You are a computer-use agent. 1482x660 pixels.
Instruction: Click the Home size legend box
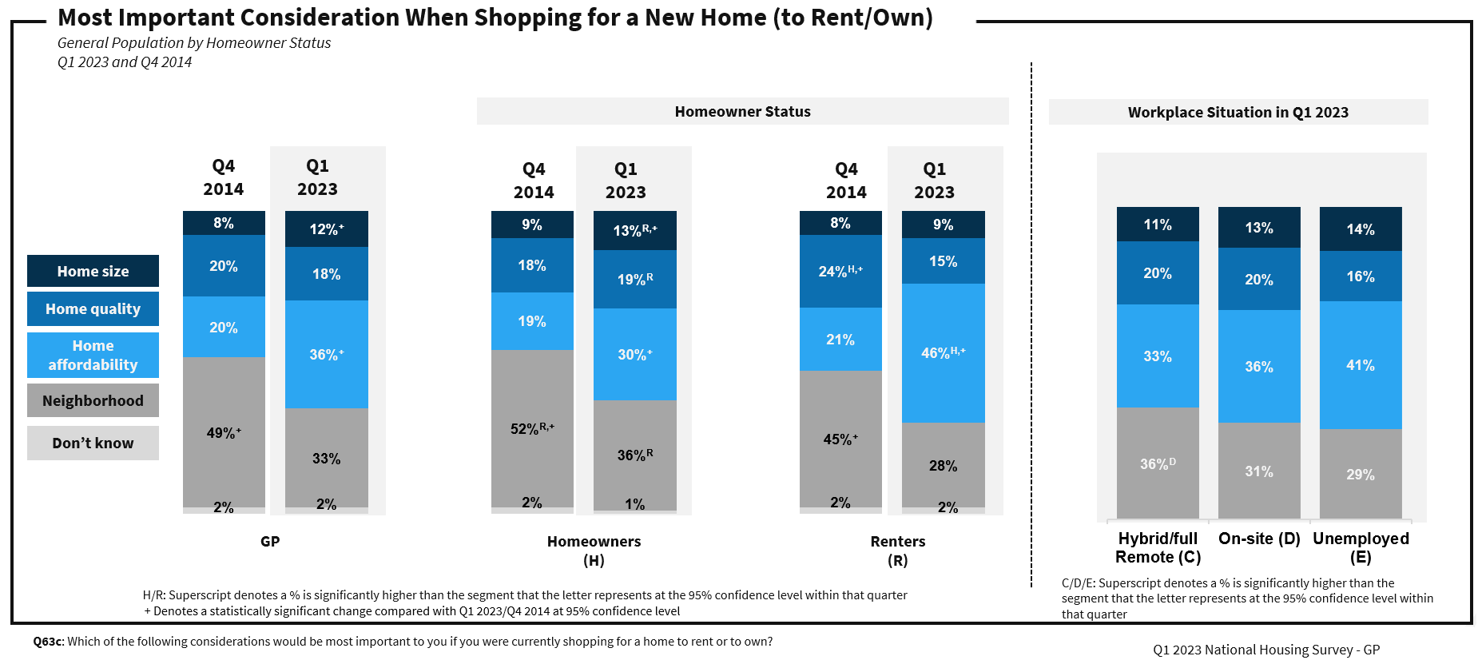(93, 271)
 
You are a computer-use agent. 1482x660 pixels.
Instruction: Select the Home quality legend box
(93, 308)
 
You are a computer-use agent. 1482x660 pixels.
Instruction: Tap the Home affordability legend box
(93, 355)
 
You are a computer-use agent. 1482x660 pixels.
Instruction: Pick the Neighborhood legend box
(93, 400)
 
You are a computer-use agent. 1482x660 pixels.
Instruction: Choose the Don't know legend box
(93, 443)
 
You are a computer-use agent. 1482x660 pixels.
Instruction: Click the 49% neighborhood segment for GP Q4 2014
(224, 432)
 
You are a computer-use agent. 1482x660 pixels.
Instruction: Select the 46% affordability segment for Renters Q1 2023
(943, 352)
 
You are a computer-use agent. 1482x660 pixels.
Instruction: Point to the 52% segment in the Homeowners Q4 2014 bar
(532, 428)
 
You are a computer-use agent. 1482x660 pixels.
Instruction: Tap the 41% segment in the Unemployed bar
(1361, 365)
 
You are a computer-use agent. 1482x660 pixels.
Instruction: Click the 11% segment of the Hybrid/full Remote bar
(1158, 225)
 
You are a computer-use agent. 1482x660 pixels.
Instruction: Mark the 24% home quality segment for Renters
(840, 271)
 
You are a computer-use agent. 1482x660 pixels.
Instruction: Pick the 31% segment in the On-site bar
(1259, 471)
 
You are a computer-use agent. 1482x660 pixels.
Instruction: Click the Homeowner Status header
(742, 112)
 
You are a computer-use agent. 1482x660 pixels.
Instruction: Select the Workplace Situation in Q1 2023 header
(1238, 113)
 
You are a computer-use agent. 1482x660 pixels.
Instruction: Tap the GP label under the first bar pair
(270, 541)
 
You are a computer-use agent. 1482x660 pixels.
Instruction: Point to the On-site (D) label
(1259, 539)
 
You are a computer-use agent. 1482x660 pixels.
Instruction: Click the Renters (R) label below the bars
(898, 550)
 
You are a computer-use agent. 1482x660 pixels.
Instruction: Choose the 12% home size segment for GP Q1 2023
(326, 229)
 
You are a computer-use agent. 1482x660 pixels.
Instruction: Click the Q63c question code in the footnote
(48, 642)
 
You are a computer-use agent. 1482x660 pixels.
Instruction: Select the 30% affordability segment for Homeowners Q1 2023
(634, 354)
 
